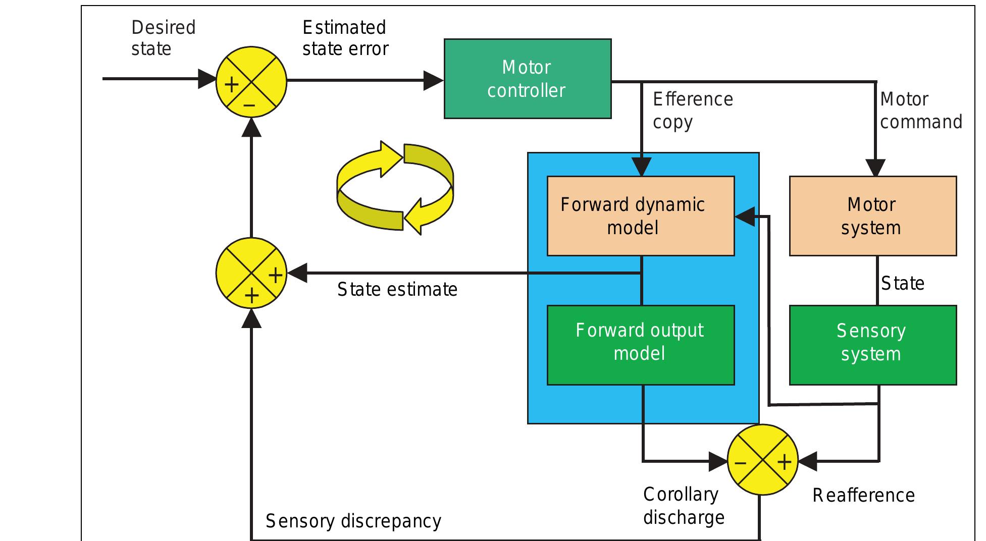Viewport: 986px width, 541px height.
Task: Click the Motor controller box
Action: click(527, 79)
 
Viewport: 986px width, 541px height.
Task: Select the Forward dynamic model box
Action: click(640, 216)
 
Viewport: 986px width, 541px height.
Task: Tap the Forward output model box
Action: click(640, 345)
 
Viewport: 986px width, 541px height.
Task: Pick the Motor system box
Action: click(872, 216)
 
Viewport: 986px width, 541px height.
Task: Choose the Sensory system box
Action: click(872, 345)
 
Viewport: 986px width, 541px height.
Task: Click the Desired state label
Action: click(163, 38)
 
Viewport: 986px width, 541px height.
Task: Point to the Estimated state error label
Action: click(345, 38)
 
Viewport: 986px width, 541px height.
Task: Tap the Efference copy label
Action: click(692, 111)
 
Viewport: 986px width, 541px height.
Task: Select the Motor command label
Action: click(921, 111)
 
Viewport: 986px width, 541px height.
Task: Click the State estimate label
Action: click(397, 290)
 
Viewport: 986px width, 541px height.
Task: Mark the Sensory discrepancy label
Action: click(353, 521)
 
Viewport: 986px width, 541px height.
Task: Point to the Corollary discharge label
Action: click(683, 506)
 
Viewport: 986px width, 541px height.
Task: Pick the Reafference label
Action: click(863, 496)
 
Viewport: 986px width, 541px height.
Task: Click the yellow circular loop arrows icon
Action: click(395, 188)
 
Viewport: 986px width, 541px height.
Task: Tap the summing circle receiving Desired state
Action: click(251, 82)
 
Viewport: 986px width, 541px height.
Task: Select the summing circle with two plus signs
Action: click(251, 274)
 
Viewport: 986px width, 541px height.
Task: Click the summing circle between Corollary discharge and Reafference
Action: click(762, 460)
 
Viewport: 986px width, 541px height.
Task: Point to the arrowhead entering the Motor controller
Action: click(433, 80)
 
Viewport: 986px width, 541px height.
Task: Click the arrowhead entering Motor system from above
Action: click(875, 168)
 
